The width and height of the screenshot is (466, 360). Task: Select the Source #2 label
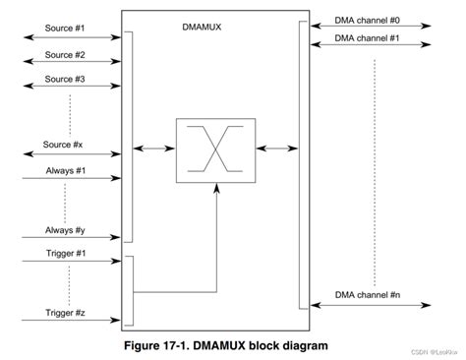(65, 55)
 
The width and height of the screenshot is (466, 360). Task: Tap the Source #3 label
(65, 78)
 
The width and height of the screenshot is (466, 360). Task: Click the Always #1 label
(65, 170)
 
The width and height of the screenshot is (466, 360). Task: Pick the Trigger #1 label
(65, 254)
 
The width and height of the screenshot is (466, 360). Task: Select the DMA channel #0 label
(366, 18)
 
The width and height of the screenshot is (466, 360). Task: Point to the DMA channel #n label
(366, 295)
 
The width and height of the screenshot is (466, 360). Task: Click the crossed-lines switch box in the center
(215, 150)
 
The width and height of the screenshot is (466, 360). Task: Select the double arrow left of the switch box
(155, 149)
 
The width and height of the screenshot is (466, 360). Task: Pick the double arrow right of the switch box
(276, 149)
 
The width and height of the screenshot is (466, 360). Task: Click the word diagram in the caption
(300, 346)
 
